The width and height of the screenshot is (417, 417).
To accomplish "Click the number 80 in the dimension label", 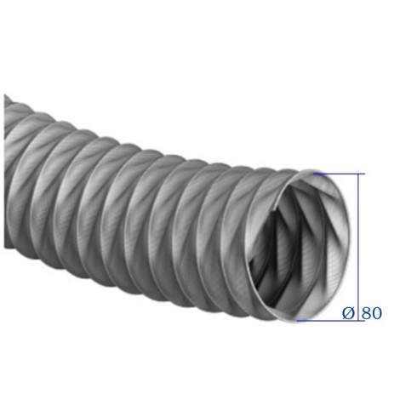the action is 372,313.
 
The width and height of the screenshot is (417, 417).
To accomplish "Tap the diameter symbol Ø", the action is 348,313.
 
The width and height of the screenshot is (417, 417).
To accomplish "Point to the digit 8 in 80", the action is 367,313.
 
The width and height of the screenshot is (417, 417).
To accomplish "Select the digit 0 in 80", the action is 377,313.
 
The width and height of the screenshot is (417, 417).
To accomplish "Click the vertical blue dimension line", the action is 358,247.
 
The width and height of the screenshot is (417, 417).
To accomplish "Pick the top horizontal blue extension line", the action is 339,174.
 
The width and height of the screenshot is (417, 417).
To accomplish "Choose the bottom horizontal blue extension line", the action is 331,321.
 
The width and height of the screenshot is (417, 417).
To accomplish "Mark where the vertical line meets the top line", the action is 358,174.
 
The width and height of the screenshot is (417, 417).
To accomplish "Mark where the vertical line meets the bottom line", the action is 358,321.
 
